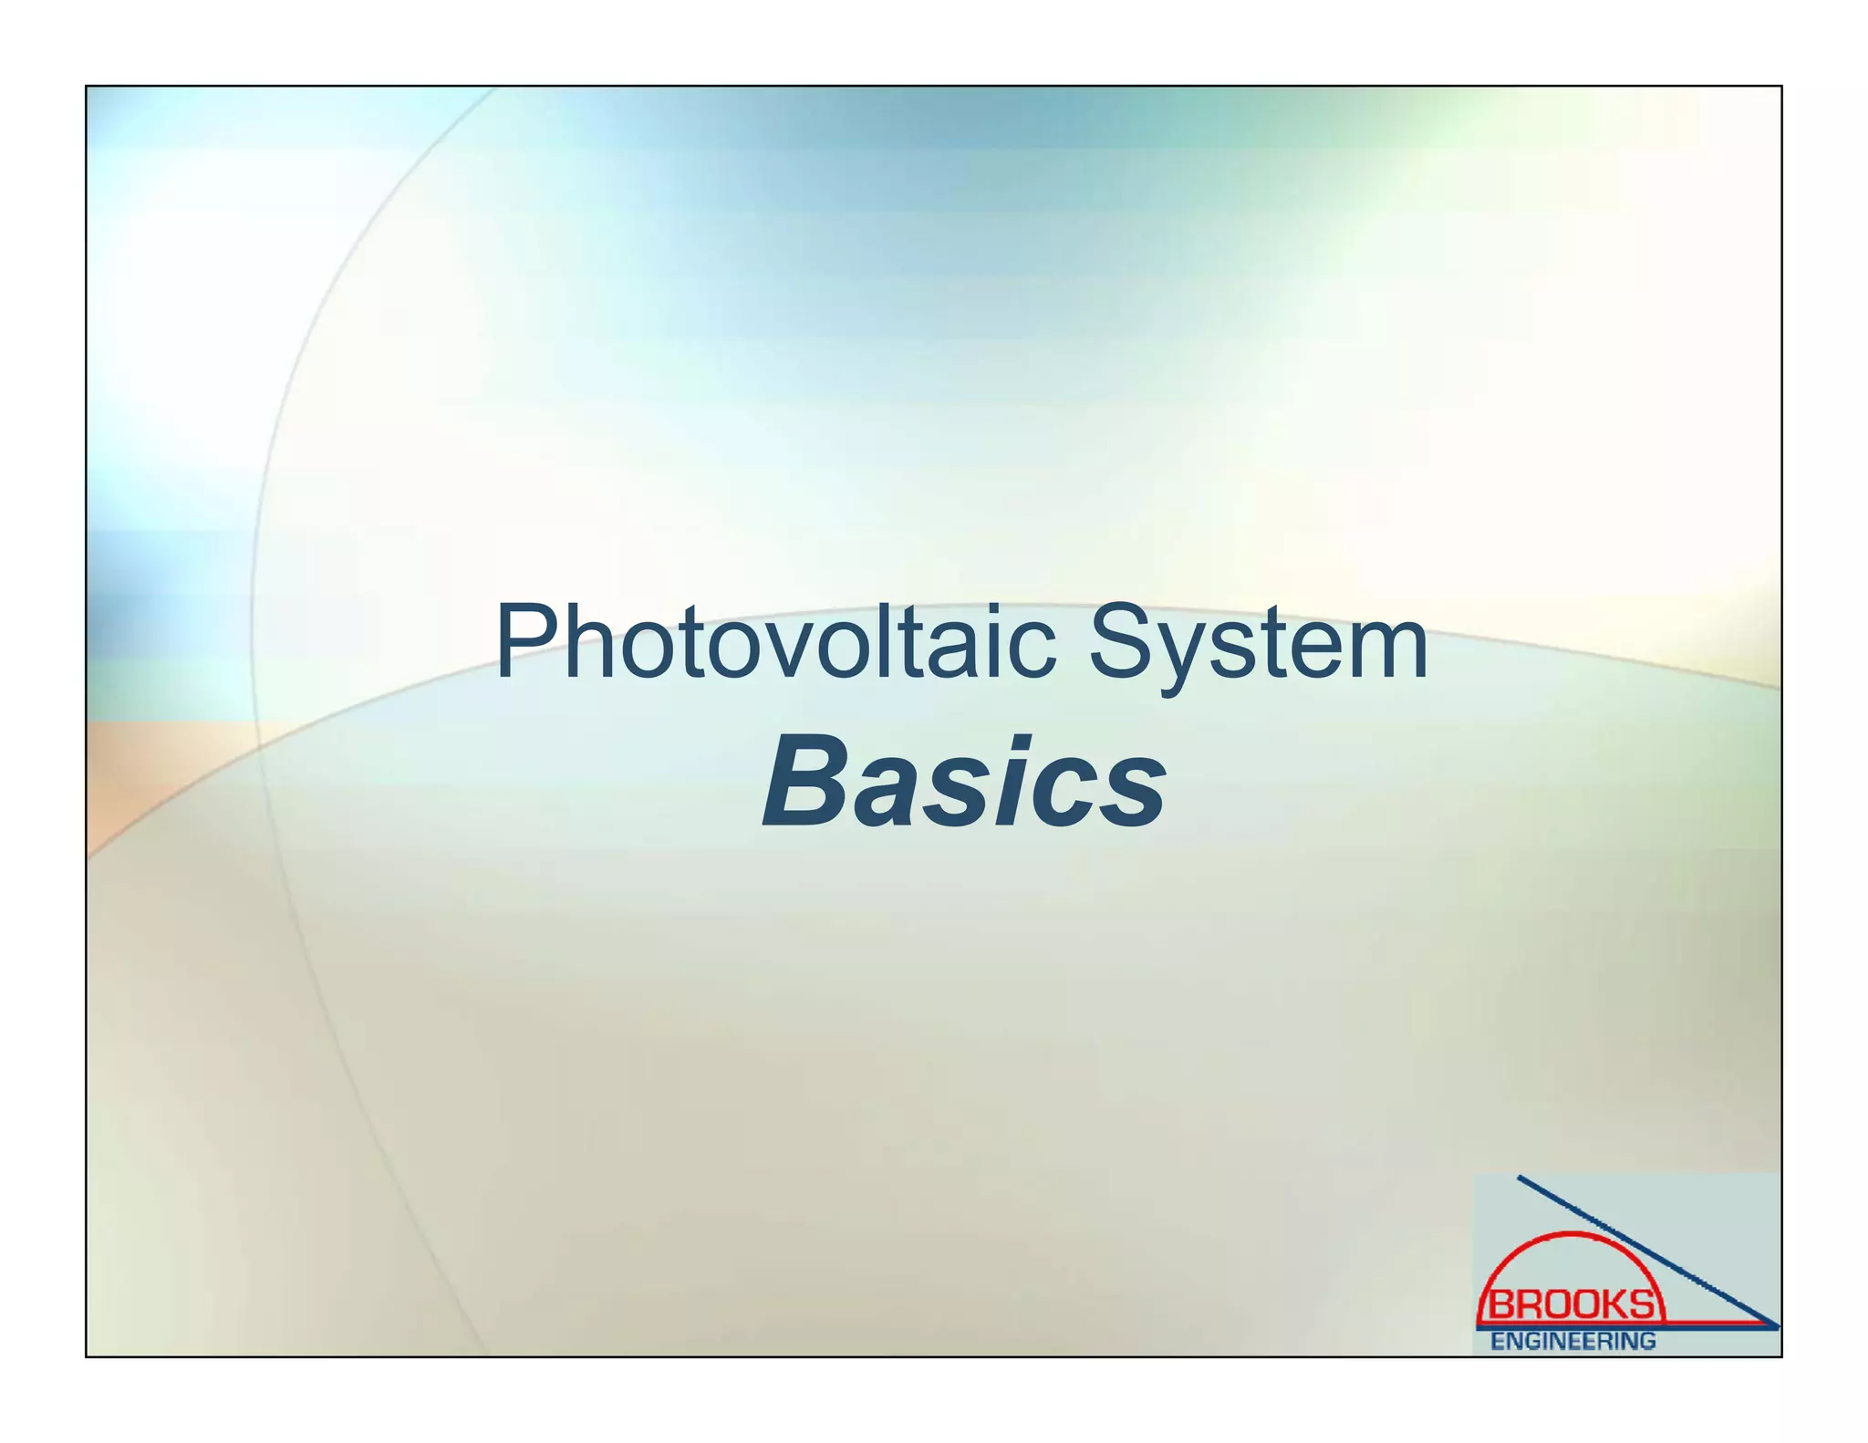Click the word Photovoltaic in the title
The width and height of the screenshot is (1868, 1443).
point(775,644)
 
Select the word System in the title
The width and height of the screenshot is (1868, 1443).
point(1259,644)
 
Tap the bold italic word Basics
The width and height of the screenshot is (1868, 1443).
point(964,783)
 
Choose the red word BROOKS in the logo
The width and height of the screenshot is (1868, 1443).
point(1571,1305)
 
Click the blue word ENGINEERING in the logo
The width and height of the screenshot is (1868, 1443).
point(1572,1341)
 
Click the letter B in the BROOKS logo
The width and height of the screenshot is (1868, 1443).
point(1500,1305)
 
